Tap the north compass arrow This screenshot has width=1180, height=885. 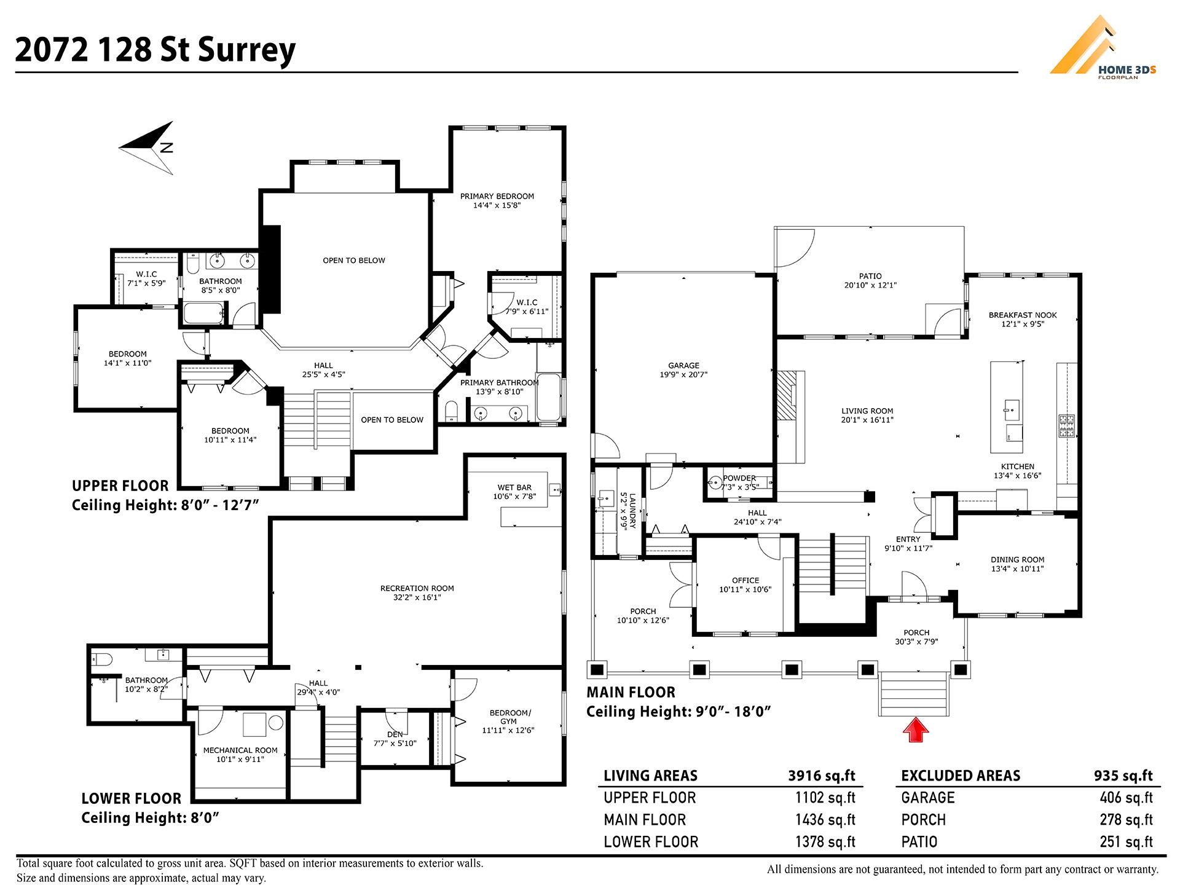click(x=147, y=147)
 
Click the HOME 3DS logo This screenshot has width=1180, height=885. click(x=1103, y=49)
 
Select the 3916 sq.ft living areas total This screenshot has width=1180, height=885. click(x=822, y=776)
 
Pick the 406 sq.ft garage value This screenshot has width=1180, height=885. click(x=1126, y=798)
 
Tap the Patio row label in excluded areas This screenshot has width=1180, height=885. click(x=919, y=842)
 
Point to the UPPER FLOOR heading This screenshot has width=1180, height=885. click(x=120, y=486)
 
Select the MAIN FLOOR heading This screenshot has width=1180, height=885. click(x=631, y=692)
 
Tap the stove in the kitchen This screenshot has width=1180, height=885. click(x=1066, y=425)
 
